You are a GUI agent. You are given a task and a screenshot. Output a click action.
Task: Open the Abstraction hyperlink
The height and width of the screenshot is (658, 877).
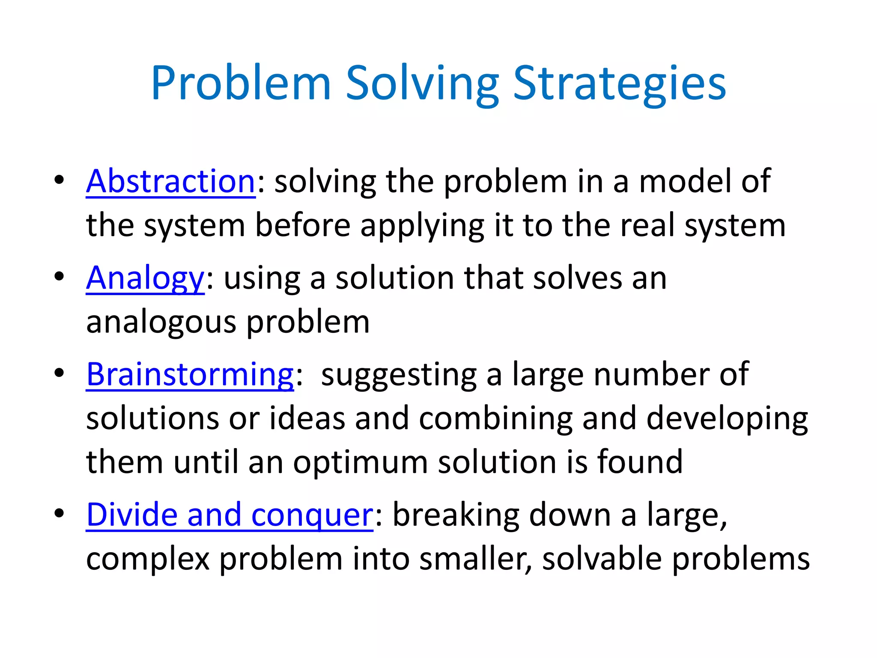tap(171, 182)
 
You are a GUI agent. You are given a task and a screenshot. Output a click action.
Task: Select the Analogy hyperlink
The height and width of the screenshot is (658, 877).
tap(145, 278)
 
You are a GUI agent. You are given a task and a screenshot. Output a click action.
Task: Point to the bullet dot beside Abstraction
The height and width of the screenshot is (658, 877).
tap(59, 179)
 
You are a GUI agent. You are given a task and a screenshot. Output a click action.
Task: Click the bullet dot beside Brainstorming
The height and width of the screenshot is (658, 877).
tap(59, 373)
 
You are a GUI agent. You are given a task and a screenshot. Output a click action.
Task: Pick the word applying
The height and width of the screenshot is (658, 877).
tap(422, 226)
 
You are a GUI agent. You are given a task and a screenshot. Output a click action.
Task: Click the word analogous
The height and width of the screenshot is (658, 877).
tap(161, 322)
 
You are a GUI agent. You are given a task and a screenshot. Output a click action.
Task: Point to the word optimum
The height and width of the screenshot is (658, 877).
tap(360, 463)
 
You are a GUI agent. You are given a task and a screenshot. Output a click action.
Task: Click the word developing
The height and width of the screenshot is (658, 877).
tap(727, 419)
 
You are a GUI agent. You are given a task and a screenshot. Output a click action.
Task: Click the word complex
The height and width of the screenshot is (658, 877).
tap(148, 559)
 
